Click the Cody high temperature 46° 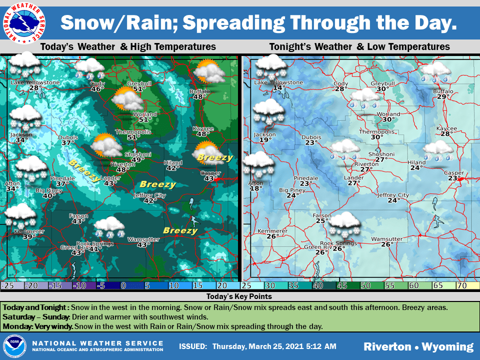click(97, 89)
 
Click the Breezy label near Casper click(215, 158)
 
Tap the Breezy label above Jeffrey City click(157, 184)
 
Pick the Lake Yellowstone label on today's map click(35, 82)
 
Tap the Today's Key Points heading click(239, 296)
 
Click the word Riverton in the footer click(387, 346)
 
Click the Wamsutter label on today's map click(143, 239)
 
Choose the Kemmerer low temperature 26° click(272, 236)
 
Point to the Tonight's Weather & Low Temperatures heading click(359, 46)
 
